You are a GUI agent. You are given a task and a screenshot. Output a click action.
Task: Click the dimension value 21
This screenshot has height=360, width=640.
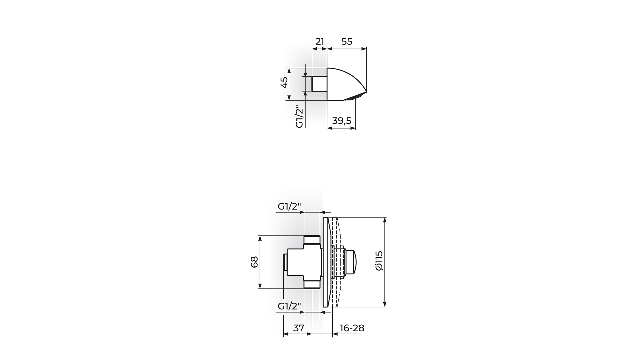click(x=320, y=42)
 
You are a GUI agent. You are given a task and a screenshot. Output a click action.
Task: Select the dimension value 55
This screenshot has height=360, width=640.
click(x=347, y=42)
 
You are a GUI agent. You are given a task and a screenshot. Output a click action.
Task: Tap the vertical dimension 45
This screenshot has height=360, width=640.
click(x=284, y=82)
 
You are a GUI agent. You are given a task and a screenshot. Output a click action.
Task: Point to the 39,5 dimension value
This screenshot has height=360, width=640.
click(x=342, y=121)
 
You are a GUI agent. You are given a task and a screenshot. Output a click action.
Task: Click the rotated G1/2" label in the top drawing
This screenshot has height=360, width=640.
click(x=300, y=117)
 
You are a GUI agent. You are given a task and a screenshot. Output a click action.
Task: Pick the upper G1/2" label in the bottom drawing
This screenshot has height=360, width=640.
click(x=289, y=207)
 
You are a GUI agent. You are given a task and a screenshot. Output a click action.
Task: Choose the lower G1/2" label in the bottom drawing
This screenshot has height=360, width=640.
click(x=289, y=306)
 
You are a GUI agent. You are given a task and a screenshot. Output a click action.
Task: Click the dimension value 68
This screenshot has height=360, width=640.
click(x=254, y=262)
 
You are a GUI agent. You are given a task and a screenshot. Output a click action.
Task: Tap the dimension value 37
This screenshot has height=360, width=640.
click(x=299, y=328)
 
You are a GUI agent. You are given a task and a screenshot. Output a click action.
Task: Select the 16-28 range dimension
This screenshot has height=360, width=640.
click(x=352, y=328)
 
